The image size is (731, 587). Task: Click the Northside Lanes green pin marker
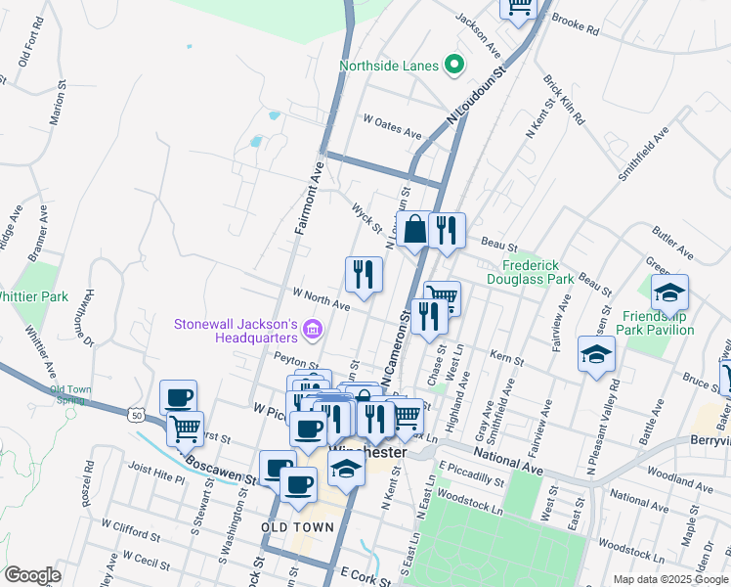(453, 66)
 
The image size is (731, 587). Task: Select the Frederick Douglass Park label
(537, 272)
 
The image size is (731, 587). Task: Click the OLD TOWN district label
(298, 527)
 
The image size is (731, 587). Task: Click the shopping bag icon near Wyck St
(414, 230)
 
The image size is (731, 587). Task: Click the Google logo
(32, 575)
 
